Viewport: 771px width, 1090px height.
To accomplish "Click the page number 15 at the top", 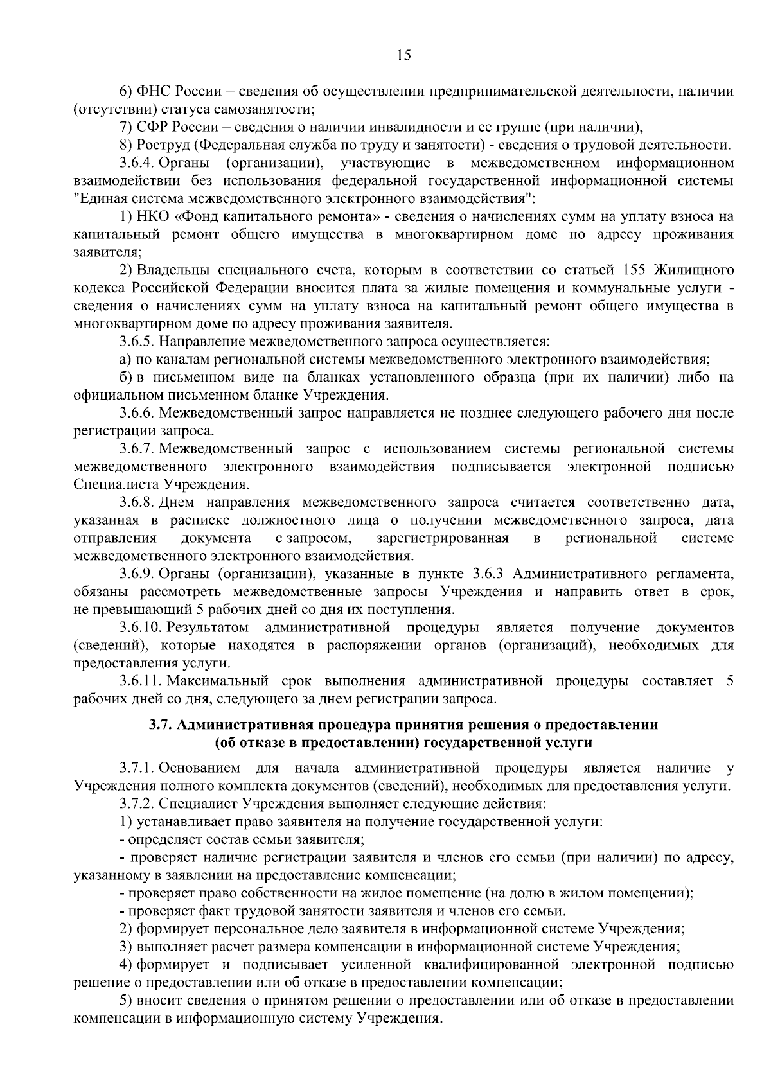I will [x=404, y=55].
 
